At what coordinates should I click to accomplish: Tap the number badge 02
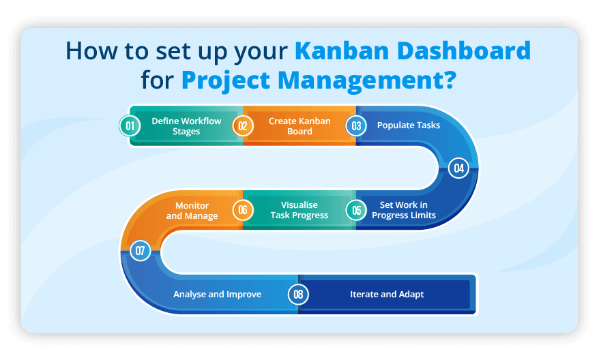coord(242,125)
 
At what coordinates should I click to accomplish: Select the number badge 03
coord(355,125)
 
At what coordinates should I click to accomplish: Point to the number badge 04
coord(458,168)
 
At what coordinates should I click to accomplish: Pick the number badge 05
coord(355,210)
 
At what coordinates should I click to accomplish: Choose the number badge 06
coord(242,210)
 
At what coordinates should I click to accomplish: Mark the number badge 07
coord(141,251)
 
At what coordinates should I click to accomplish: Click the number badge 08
coord(298,295)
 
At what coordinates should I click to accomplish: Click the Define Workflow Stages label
coord(186,126)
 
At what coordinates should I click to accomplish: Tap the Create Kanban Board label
coord(299,126)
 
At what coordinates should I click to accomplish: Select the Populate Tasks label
coord(409,125)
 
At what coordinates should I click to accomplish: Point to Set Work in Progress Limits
coord(404,210)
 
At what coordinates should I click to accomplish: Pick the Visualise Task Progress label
coord(299,210)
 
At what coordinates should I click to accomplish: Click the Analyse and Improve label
coord(217,295)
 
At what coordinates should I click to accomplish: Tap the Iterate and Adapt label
coord(387,295)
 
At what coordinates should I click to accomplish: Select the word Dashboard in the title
coord(464,51)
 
